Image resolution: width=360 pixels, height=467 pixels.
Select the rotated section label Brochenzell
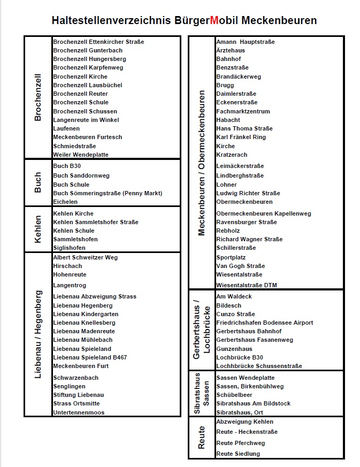[x=38, y=97]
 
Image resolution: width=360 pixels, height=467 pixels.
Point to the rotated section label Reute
[x=202, y=438]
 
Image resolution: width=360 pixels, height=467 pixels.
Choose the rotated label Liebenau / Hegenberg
[x=38, y=334]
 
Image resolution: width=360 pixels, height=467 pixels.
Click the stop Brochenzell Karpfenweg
[x=88, y=68]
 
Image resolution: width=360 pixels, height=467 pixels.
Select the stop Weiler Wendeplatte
[x=81, y=155]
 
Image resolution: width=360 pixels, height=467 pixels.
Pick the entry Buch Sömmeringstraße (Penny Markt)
[x=108, y=193]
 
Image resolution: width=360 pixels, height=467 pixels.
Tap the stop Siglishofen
[x=69, y=248]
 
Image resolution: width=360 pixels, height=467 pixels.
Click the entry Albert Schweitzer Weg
[x=86, y=257]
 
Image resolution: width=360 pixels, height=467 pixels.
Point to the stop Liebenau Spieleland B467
[x=90, y=357]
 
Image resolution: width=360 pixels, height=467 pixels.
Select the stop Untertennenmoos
[x=79, y=412]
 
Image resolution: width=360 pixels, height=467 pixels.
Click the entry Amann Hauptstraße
[x=246, y=42]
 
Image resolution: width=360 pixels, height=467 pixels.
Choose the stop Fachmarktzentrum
[x=243, y=111]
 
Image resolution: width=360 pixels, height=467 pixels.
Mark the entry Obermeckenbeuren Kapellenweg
[x=263, y=213]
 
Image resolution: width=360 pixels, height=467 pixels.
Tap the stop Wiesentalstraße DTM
[x=247, y=285]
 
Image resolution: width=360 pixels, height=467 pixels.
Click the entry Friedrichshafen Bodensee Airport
[x=264, y=323]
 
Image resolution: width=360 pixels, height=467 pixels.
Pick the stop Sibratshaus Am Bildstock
[x=253, y=403]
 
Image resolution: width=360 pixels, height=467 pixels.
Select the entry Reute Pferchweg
[x=240, y=443]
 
